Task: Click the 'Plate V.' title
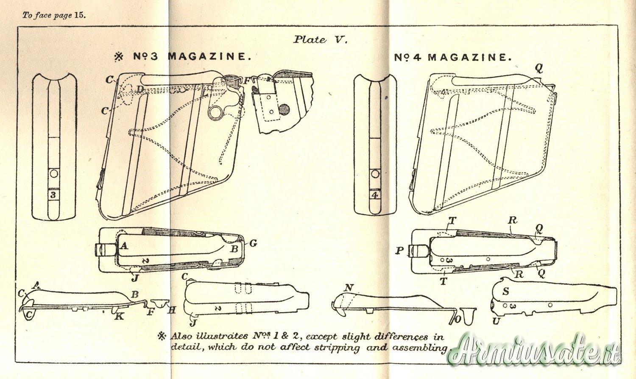(321, 40)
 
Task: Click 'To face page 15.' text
(54, 15)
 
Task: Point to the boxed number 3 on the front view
(53, 195)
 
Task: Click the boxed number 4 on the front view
(374, 195)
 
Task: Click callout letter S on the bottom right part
(506, 292)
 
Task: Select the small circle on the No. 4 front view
(374, 174)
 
